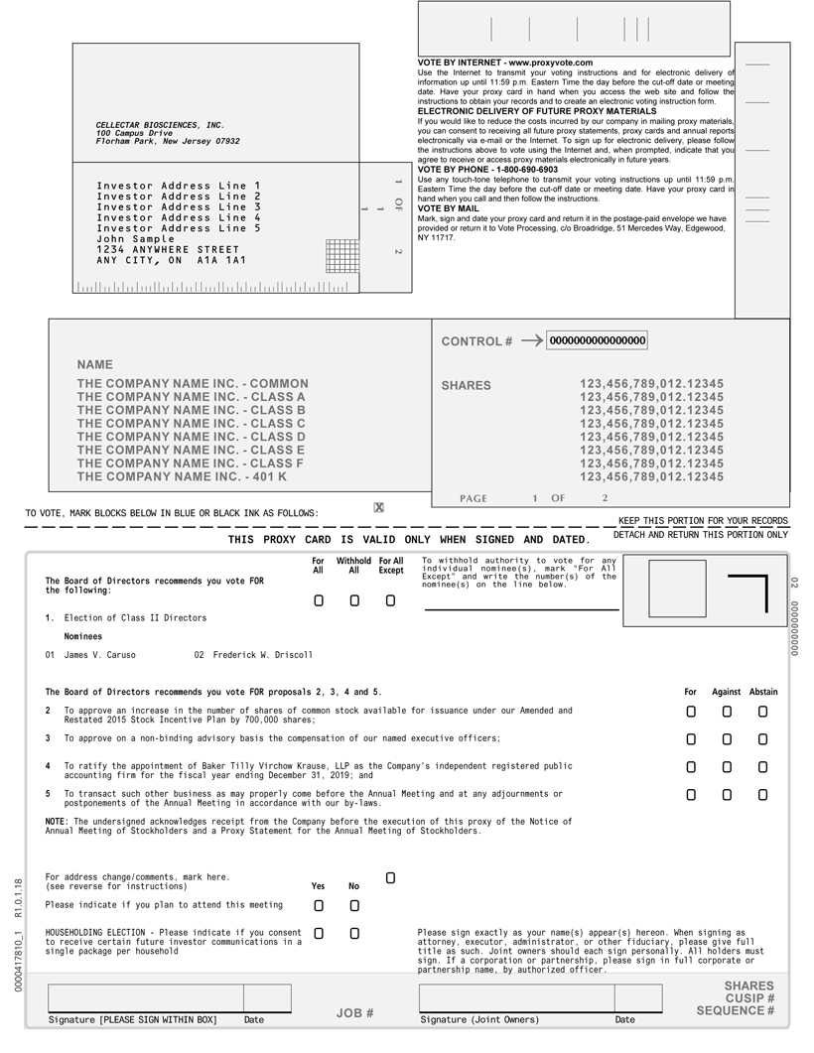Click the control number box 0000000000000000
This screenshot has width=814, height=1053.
(598, 340)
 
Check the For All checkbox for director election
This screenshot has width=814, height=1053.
(318, 600)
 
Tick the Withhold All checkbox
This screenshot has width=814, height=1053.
(353, 600)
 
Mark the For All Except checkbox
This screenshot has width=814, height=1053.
(390, 600)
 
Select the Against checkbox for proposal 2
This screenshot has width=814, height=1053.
(727, 712)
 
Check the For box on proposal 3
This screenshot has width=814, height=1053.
(691, 739)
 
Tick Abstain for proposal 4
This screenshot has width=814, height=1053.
(762, 767)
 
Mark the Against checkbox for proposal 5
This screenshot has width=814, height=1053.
(727, 795)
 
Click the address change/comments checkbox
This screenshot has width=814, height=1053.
(390, 878)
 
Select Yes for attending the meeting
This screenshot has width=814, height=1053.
(318, 906)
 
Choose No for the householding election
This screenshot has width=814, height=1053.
(353, 934)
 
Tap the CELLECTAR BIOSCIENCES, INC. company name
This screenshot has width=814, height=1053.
(160, 125)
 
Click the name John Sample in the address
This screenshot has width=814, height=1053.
(135, 239)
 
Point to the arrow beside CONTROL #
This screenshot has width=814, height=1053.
(531, 340)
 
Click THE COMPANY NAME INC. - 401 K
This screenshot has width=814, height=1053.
(182, 477)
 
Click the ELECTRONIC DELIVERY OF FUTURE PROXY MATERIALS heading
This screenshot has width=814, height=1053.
(537, 111)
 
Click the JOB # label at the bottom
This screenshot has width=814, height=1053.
(354, 1013)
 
